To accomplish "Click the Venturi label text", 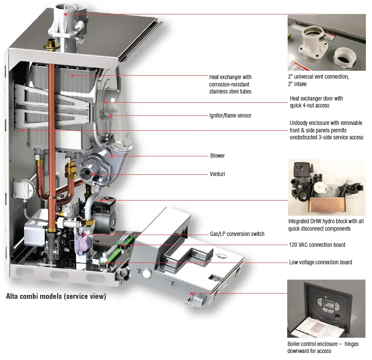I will click(217, 174).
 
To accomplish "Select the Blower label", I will click(217, 156).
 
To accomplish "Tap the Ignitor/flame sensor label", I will click(230, 116).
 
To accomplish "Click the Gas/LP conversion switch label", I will click(237, 234).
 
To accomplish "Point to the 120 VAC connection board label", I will click(317, 245).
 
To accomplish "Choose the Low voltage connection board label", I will click(320, 262).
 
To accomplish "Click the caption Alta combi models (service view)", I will click(56, 296).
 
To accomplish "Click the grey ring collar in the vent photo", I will click(344, 56).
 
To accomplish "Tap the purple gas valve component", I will click(82, 240).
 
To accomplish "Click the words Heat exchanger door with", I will click(316, 98).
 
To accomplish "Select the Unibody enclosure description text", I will click(326, 130).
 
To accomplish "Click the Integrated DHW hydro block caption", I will click(326, 225).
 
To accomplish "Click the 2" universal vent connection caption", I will click(318, 80).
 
